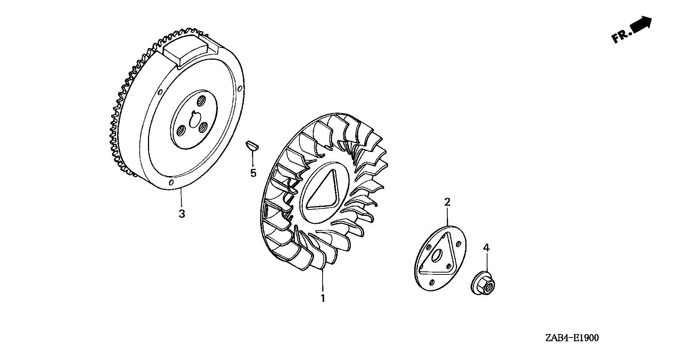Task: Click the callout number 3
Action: pyautogui.click(x=182, y=214)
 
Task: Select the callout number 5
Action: pyautogui.click(x=253, y=173)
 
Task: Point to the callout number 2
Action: pyautogui.click(x=447, y=202)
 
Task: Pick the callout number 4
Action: pyautogui.click(x=486, y=248)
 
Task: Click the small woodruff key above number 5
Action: pyautogui.click(x=252, y=146)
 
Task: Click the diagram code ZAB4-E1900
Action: pyautogui.click(x=572, y=338)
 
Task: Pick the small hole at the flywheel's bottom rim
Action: pyautogui.click(x=171, y=183)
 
